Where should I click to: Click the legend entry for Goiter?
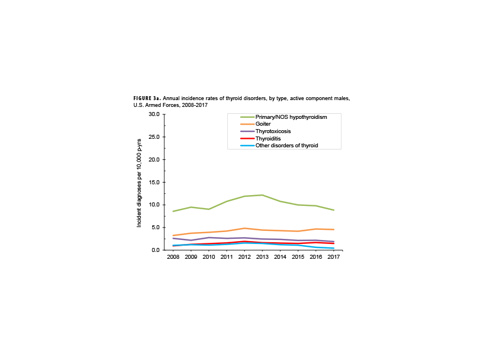click(x=263, y=124)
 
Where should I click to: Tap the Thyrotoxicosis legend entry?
click(x=273, y=131)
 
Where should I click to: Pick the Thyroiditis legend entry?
click(x=268, y=138)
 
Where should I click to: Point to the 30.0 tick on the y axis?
click(x=153, y=114)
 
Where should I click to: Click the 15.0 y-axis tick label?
click(x=153, y=182)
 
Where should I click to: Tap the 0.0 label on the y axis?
click(x=155, y=250)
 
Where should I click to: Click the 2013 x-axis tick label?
click(x=262, y=257)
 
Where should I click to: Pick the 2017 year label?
click(x=334, y=257)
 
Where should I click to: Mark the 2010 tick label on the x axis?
click(x=209, y=257)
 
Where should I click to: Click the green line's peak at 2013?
click(x=262, y=195)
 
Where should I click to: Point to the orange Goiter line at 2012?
click(x=244, y=228)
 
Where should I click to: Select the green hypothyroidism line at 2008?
click(x=173, y=212)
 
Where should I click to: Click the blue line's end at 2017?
click(x=334, y=249)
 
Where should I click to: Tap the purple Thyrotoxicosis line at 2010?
click(x=209, y=237)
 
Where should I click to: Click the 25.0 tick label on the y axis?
click(x=153, y=137)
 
